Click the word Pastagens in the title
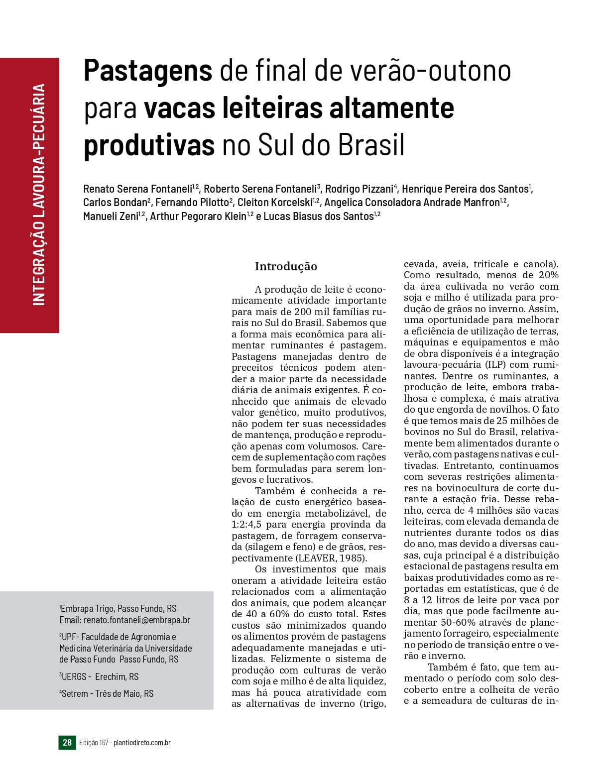(148, 71)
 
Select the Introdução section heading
(286, 266)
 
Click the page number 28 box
(67, 742)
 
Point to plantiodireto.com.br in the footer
(142, 743)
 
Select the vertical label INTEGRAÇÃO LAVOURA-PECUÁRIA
(39, 194)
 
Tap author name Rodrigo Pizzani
(359, 189)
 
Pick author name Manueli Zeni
(111, 216)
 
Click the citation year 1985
(352, 558)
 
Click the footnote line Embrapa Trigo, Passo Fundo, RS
(119, 608)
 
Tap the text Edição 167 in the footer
(93, 743)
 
